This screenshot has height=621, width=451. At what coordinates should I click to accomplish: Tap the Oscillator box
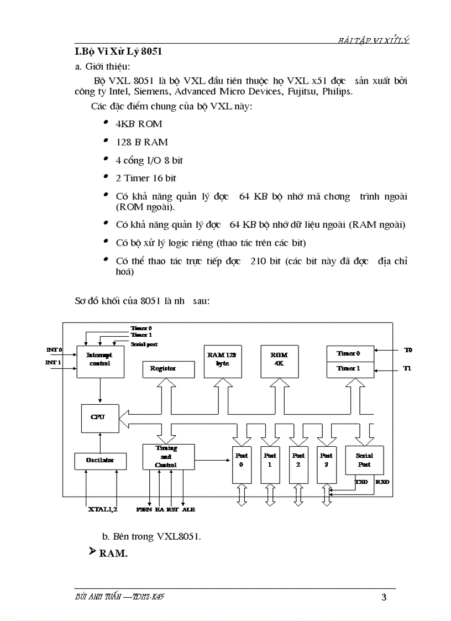(100, 461)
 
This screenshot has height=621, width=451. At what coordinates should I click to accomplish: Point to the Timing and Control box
(168, 457)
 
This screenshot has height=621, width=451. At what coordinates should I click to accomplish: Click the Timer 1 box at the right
(349, 369)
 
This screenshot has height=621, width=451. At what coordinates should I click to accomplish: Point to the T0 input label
(408, 350)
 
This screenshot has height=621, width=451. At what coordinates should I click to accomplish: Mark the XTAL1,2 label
(103, 509)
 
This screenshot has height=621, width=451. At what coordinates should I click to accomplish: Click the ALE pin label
(188, 509)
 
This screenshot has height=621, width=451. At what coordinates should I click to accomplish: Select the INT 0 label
(54, 350)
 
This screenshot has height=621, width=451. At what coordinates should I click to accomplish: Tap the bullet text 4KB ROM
(139, 124)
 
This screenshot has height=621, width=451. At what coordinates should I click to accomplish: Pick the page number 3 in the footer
(384, 597)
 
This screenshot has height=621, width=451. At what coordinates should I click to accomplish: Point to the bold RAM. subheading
(113, 554)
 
